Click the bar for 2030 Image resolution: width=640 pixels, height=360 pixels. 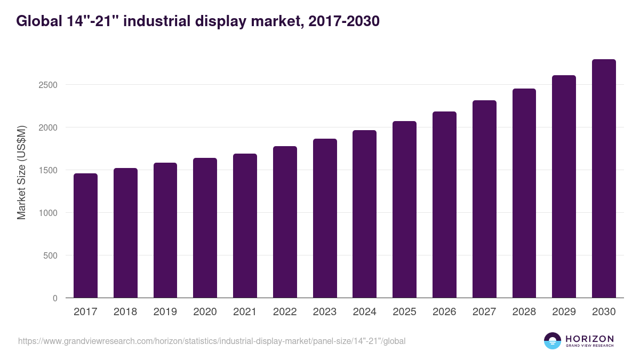604,178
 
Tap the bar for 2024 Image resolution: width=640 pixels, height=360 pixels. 364,214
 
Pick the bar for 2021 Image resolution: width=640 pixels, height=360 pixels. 245,226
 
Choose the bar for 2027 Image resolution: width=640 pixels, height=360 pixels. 484,199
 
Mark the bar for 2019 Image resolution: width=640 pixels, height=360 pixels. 165,230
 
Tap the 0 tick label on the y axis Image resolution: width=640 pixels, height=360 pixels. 55,298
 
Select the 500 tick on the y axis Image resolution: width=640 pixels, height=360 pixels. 51,255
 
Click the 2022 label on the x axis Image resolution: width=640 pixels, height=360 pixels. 285,312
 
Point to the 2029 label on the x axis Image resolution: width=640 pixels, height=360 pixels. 564,312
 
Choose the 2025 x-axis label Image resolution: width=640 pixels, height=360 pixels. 404,312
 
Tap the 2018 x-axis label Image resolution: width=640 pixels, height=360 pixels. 125,312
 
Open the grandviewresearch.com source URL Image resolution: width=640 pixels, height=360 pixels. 212,341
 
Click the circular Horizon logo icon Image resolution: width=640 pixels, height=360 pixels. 553,341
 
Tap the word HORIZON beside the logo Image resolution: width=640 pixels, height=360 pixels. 589,338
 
